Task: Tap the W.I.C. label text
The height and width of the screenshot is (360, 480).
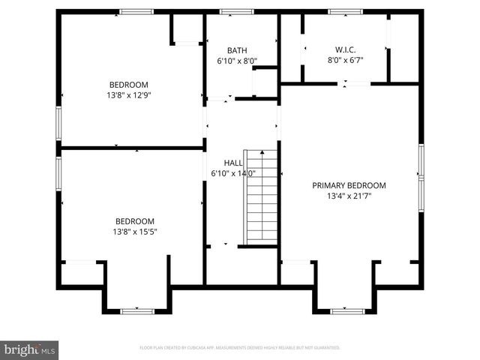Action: pos(344,50)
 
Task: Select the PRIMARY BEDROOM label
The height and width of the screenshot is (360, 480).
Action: pos(349,185)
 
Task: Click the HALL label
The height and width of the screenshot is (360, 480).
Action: pos(233,163)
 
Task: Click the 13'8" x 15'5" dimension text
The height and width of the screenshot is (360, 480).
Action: pos(135,232)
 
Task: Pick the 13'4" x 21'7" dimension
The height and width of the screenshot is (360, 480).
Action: pos(349,196)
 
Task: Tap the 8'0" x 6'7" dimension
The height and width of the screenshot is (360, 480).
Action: pos(344,61)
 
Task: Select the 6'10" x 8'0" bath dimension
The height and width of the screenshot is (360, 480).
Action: pos(237,61)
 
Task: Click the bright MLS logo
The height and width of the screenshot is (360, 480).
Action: pos(30,349)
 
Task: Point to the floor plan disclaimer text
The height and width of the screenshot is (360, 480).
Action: pos(240,348)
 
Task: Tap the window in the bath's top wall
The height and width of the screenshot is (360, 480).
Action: pos(237,11)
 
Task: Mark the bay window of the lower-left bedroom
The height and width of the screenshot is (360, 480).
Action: pos(137,310)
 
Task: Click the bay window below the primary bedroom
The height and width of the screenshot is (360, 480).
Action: pos(347,310)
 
